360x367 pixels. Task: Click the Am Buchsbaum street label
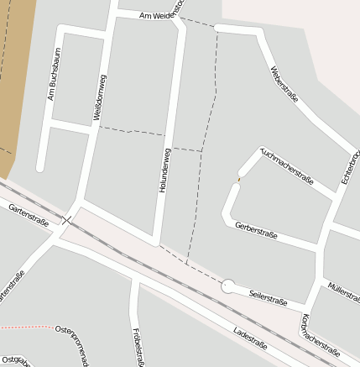pos(55,74)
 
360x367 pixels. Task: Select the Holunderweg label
pos(165,171)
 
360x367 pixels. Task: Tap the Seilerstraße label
pos(269,296)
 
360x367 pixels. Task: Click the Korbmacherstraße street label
pos(320,335)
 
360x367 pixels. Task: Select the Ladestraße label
pos(250,337)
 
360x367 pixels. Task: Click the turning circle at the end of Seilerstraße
pos(227,286)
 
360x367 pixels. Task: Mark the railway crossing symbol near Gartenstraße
pos(67,221)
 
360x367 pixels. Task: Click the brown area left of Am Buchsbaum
pos(17,76)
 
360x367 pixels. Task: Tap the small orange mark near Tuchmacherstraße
pos(238,178)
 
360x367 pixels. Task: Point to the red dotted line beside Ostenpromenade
pos(25,326)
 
